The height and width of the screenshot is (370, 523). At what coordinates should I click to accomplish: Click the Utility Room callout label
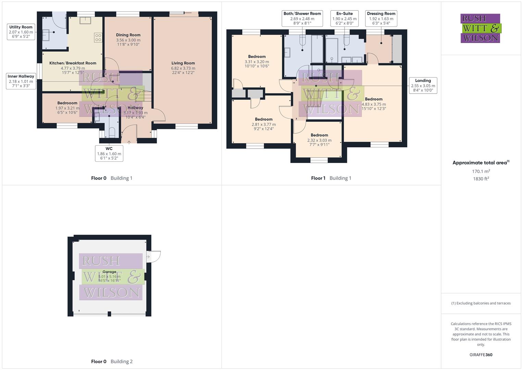click(x=21, y=32)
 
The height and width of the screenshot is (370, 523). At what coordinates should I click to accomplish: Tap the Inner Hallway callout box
click(x=21, y=81)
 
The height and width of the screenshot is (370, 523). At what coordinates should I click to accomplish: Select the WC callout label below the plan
click(x=109, y=153)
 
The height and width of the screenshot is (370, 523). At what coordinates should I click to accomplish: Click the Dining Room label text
click(x=128, y=35)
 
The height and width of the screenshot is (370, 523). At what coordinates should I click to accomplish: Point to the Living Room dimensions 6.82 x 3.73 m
click(x=183, y=68)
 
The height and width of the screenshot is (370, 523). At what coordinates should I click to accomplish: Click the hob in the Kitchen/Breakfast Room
click(x=98, y=37)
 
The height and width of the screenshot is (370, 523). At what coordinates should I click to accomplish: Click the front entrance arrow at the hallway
click(x=129, y=142)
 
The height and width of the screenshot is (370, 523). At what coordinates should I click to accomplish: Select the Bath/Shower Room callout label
click(x=302, y=18)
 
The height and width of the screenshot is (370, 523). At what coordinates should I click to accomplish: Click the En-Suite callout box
click(x=344, y=18)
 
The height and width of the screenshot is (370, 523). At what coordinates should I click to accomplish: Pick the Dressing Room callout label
click(x=381, y=18)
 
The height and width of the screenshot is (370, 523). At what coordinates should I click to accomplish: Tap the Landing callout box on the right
click(x=423, y=85)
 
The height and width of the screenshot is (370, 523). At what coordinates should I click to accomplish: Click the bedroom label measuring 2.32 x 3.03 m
click(x=319, y=140)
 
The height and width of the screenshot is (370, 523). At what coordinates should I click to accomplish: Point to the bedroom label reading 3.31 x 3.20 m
click(x=257, y=61)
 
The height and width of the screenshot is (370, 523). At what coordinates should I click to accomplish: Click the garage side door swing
click(x=153, y=257)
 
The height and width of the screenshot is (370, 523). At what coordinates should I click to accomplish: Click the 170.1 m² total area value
click(x=481, y=171)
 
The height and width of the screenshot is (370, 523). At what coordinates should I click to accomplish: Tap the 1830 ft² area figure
click(x=481, y=179)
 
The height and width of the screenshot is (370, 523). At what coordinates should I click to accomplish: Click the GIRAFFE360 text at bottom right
click(x=481, y=355)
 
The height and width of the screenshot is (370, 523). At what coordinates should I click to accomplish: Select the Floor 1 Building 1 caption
click(x=331, y=178)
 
